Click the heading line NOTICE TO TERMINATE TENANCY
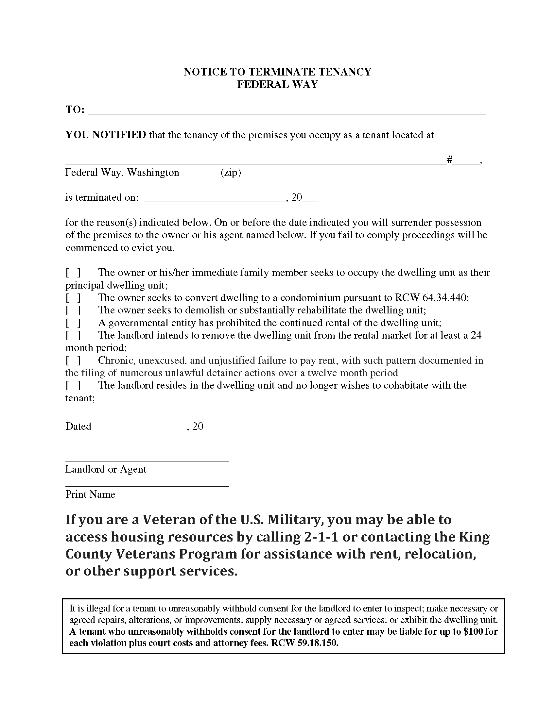point(277,72)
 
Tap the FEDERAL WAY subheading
point(277,85)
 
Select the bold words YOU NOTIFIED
point(106,135)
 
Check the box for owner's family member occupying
point(73,273)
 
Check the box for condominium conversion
point(73,298)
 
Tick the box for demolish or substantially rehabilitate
point(73,310)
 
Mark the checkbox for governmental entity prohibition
point(73,323)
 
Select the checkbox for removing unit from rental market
point(73,335)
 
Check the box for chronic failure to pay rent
point(73,361)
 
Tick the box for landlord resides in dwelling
point(73,386)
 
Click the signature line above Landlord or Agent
point(147,460)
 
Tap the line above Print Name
point(147,486)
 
